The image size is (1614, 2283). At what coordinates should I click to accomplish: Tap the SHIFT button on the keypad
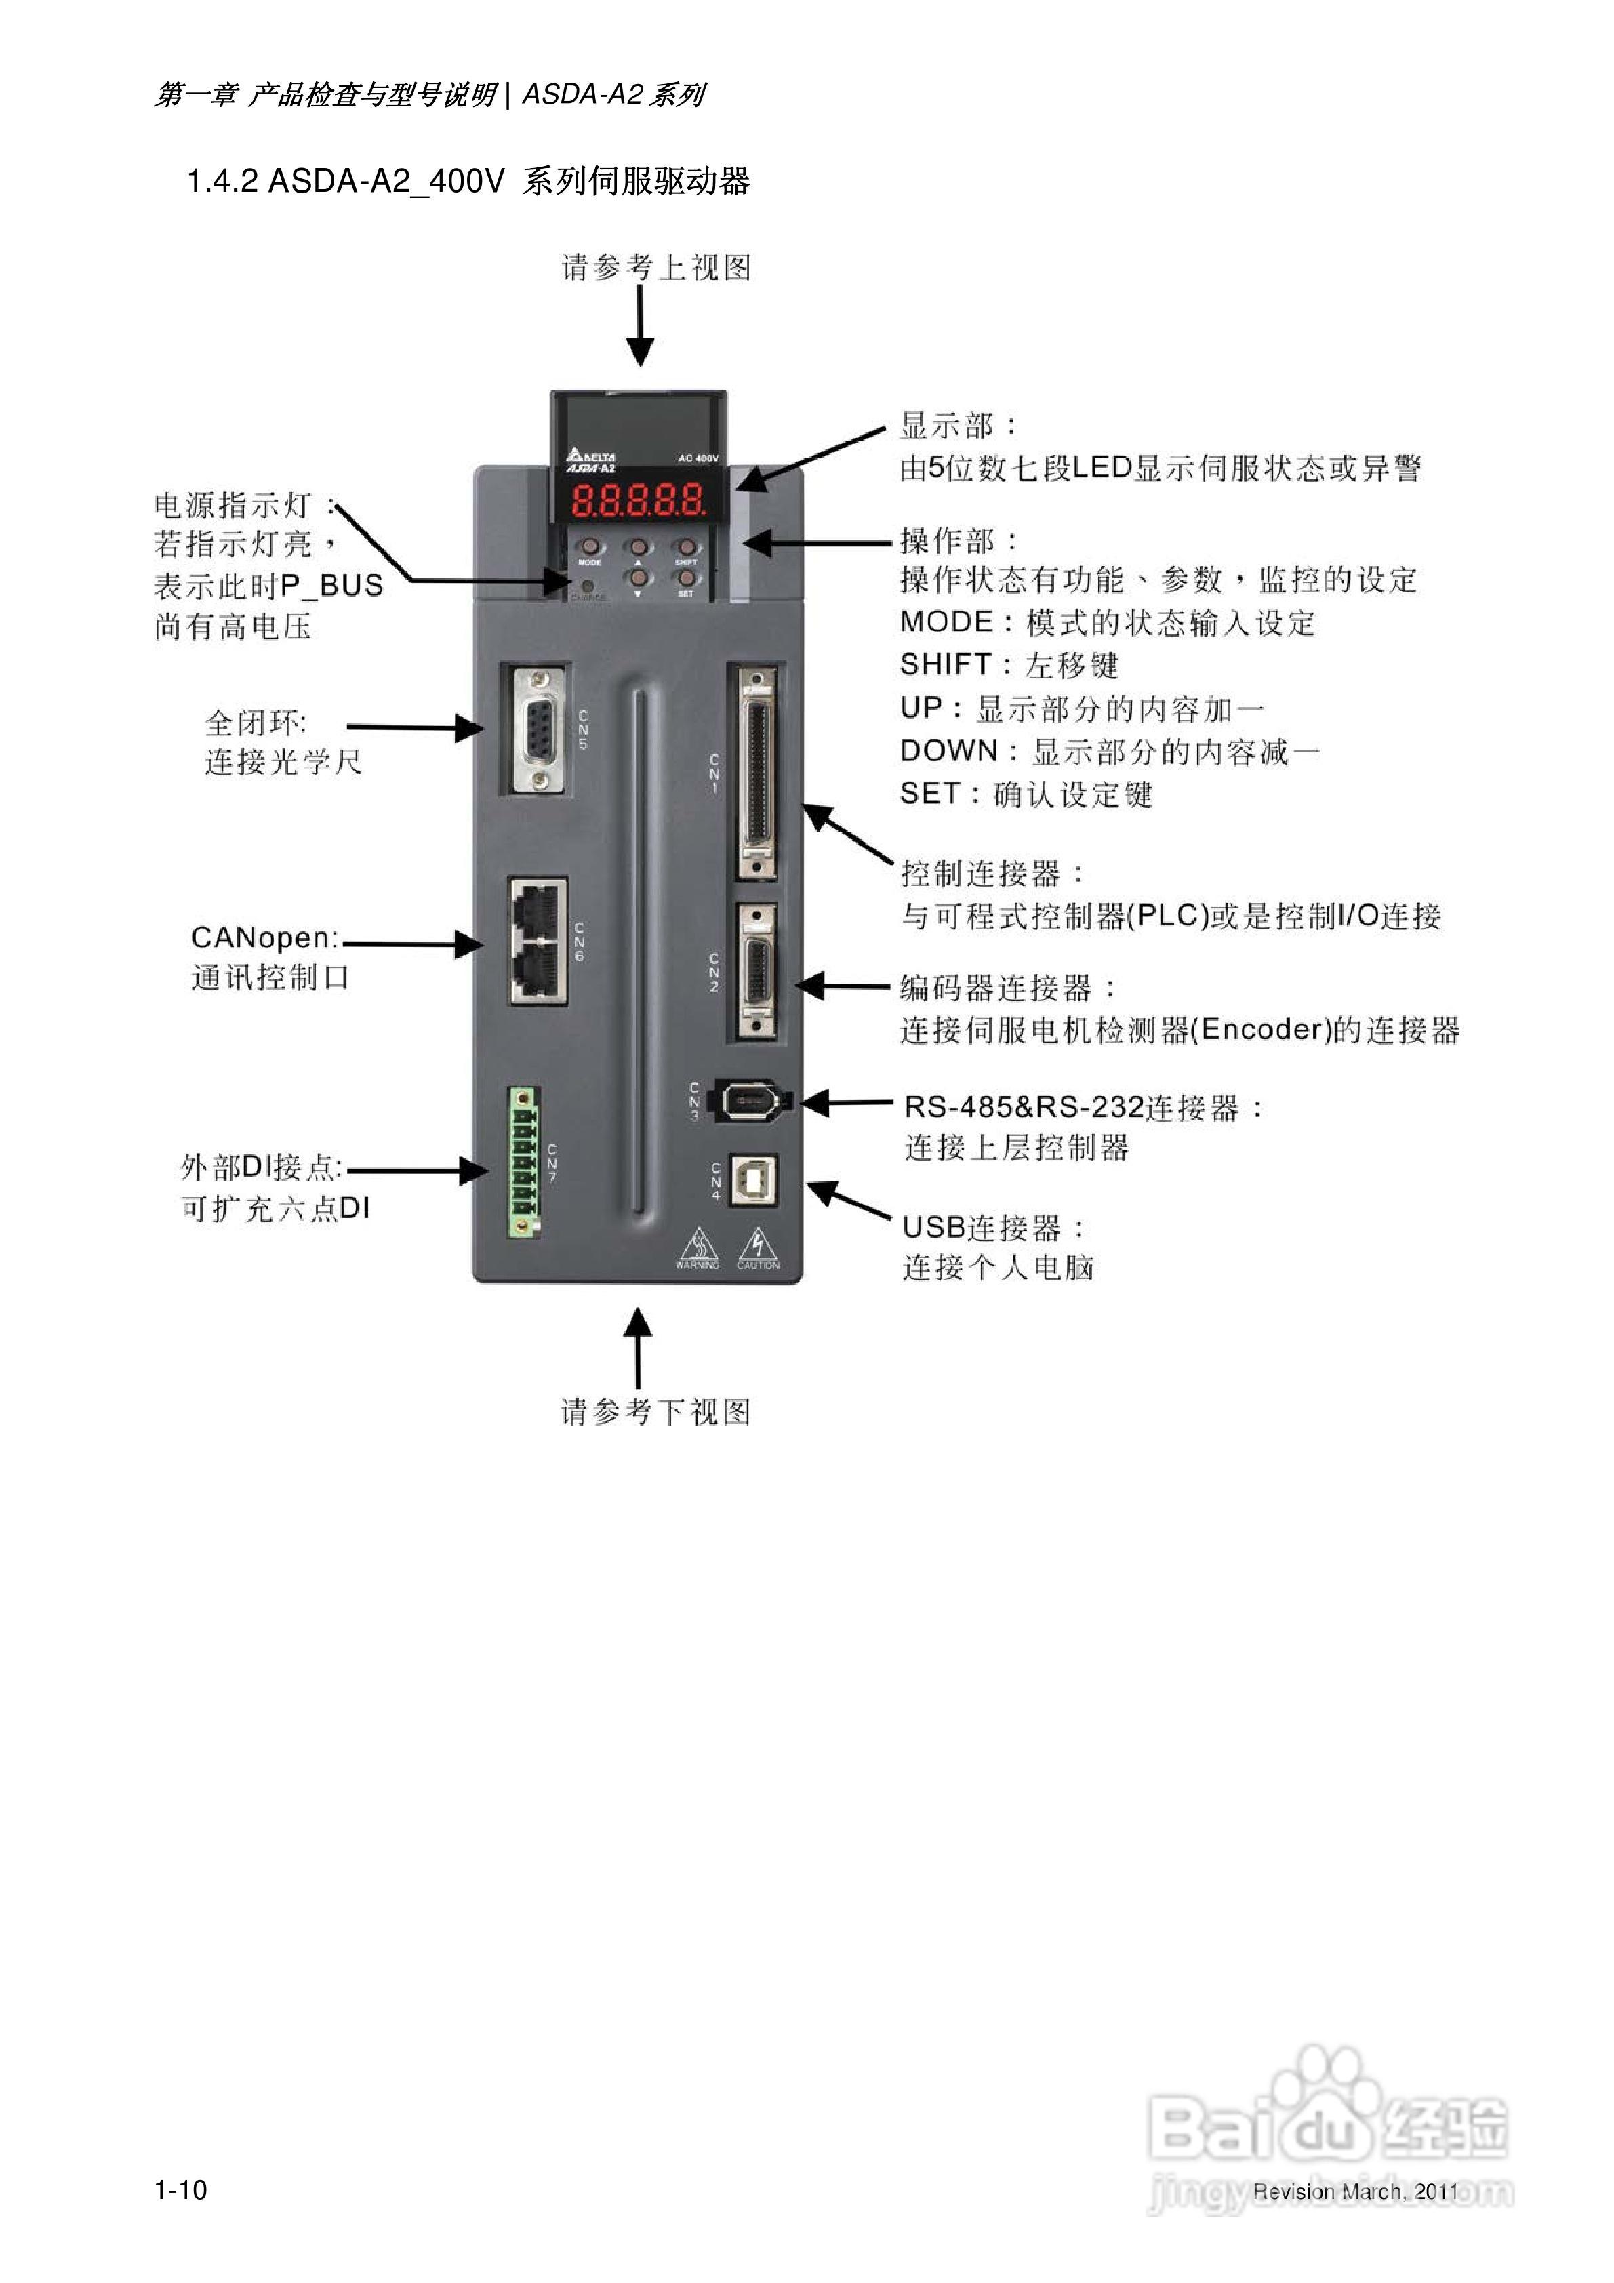click(685, 547)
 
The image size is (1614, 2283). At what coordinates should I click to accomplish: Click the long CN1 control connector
click(756, 773)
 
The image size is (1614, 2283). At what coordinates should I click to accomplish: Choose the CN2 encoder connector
click(756, 969)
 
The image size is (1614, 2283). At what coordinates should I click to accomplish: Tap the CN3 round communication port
click(748, 1101)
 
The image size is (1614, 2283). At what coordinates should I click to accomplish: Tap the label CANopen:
click(264, 937)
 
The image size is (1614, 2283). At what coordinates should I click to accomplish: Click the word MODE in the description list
click(946, 622)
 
